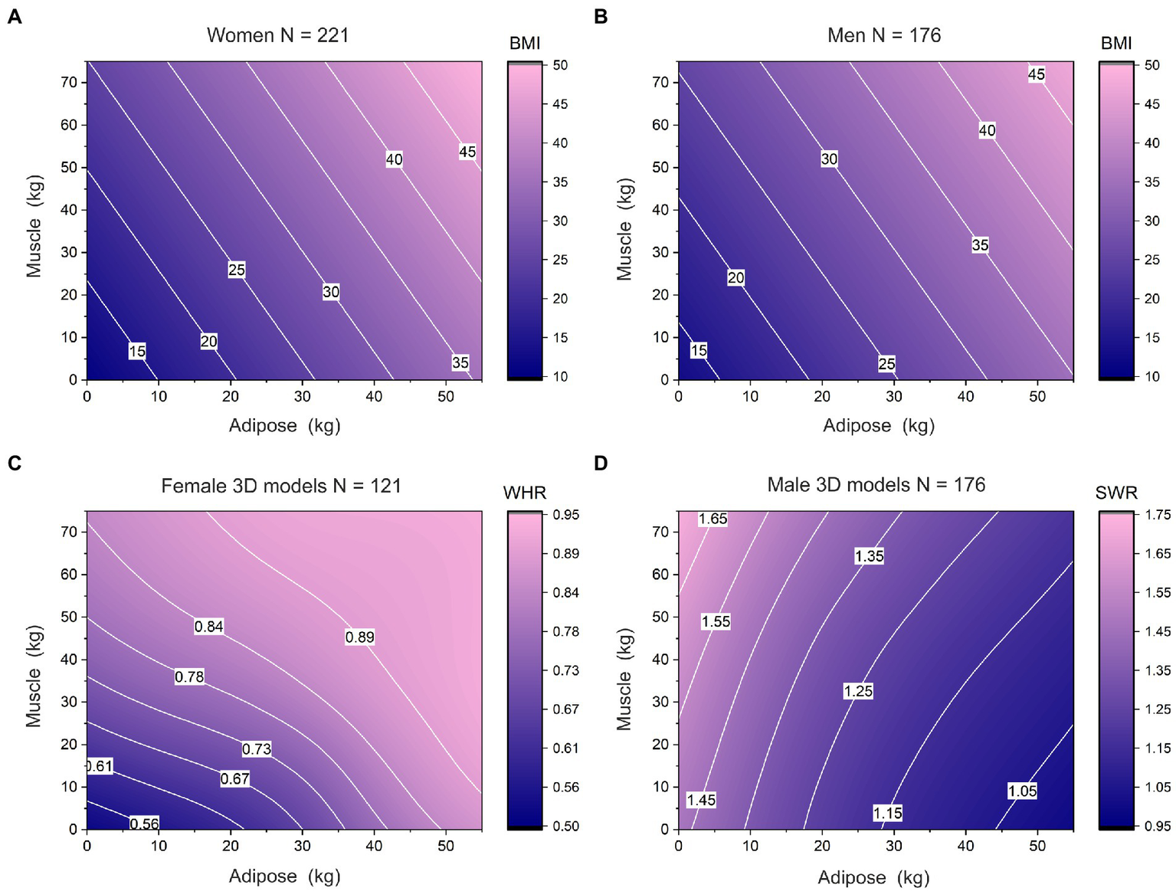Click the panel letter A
[14, 16]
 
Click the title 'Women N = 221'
[277, 35]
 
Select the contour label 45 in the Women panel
[467, 152]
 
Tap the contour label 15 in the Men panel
[699, 350]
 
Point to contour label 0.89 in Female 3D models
[359, 637]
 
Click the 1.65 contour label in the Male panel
[712, 519]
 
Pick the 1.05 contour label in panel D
[1022, 791]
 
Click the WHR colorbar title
[525, 493]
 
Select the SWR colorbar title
[1116, 493]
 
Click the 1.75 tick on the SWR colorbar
[1157, 515]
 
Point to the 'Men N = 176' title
[884, 35]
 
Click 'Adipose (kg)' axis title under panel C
[284, 876]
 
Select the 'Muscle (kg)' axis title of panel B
[625, 229]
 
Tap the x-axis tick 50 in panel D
[1037, 846]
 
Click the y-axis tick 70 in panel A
[69, 82]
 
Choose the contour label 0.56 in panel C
[144, 824]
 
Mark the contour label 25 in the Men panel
[886, 363]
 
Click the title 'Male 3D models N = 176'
[876, 485]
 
